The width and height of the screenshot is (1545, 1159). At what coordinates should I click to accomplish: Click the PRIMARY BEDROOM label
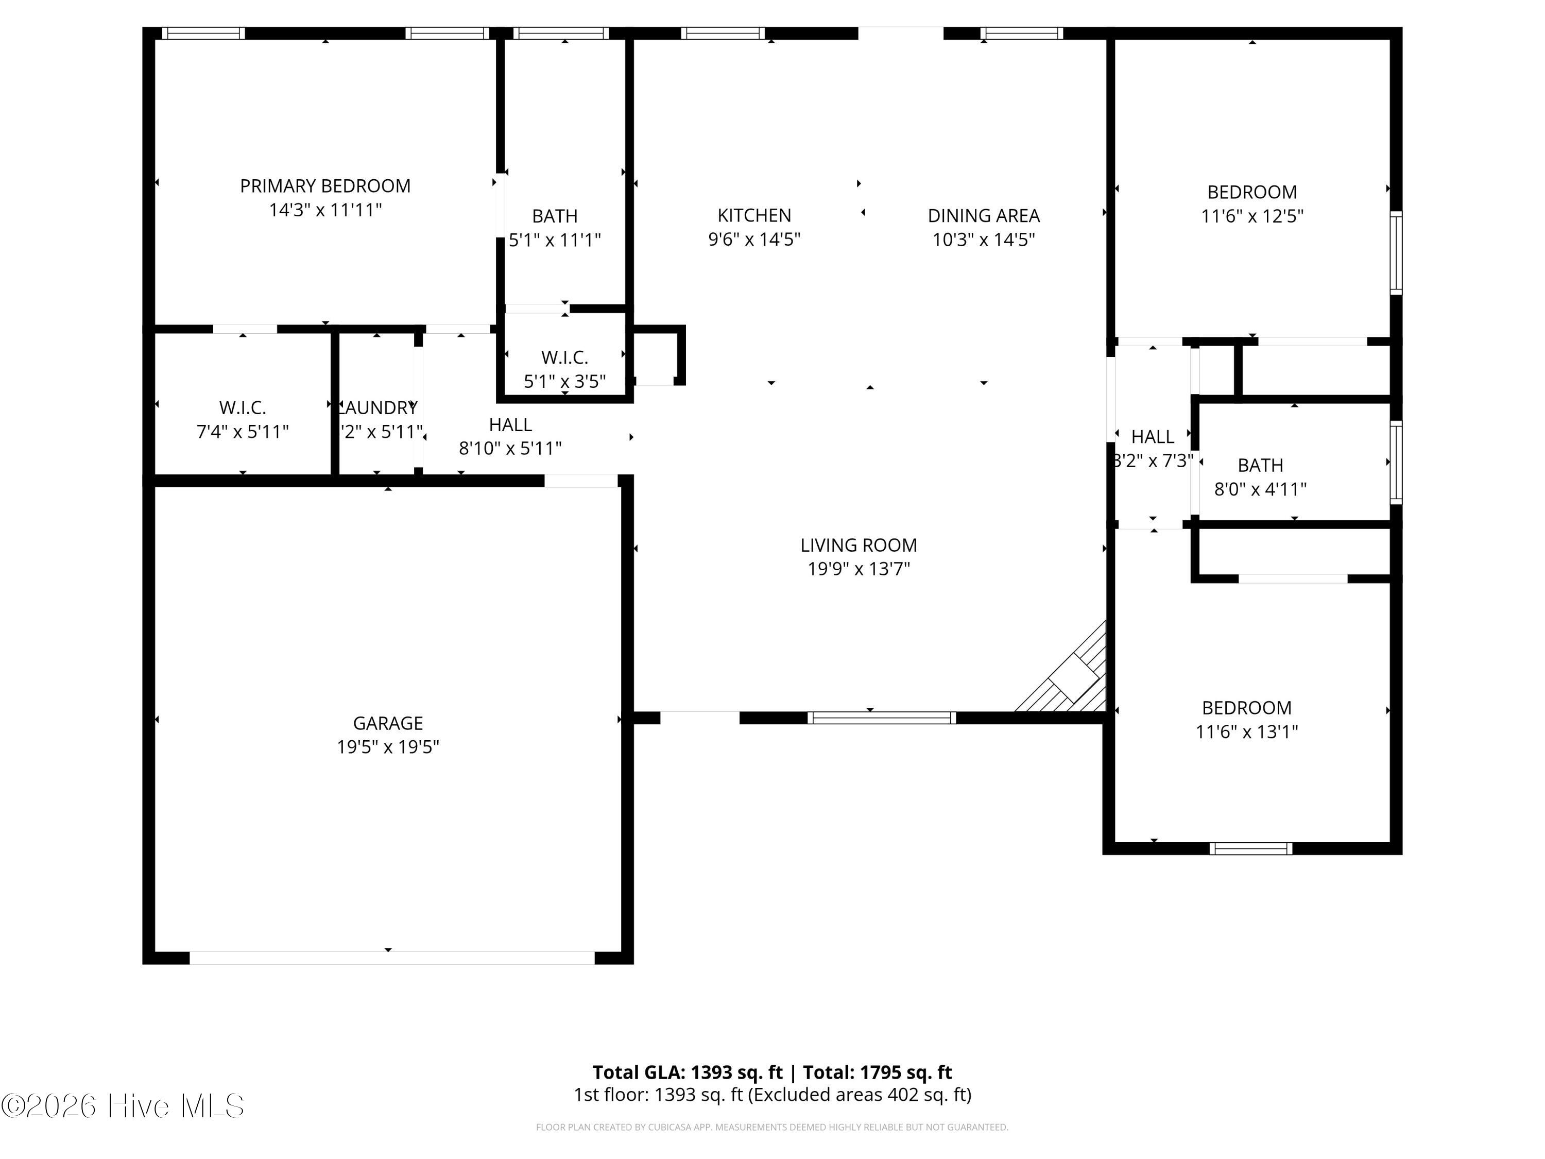(x=325, y=186)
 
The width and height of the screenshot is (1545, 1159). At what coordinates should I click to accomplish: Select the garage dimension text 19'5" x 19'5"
(x=388, y=747)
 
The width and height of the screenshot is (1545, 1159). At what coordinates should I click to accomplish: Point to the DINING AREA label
(x=984, y=215)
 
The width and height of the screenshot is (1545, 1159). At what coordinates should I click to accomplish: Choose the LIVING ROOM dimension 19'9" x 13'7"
(x=859, y=569)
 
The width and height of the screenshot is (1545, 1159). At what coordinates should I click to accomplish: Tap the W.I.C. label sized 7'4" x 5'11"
(x=243, y=407)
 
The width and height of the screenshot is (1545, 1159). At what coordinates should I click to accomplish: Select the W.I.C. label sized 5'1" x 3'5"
(x=564, y=357)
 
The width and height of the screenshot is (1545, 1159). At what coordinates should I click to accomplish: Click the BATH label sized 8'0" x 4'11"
(x=1260, y=465)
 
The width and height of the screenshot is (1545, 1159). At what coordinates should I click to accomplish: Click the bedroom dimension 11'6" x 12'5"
(x=1251, y=216)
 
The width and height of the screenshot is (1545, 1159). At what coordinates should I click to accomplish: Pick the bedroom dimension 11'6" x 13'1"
(x=1246, y=731)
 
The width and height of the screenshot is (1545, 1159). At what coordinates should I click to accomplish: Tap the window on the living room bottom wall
(x=882, y=718)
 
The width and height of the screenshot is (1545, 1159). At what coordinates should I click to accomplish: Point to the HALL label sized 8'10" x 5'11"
(x=510, y=425)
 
